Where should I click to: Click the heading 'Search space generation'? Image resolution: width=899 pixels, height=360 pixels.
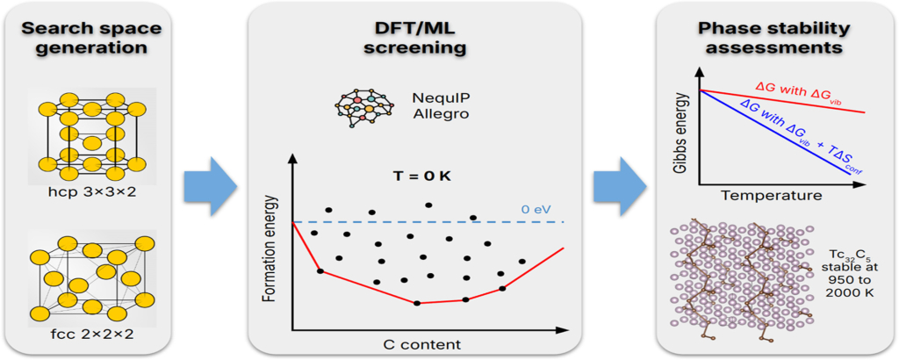91,36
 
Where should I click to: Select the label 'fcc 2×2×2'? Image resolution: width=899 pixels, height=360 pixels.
91,335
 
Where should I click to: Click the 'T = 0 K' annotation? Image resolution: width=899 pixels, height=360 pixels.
419,176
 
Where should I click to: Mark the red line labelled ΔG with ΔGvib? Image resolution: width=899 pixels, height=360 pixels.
790,101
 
